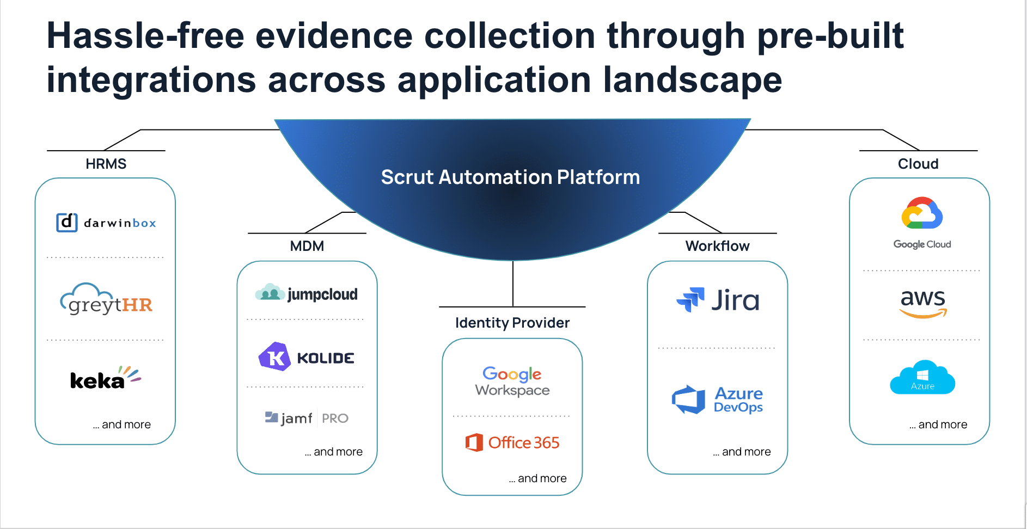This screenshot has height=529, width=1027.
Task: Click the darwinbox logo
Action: click(x=106, y=223)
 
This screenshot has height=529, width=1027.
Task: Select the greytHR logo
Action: click(x=106, y=299)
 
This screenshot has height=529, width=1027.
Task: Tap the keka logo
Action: click(x=106, y=378)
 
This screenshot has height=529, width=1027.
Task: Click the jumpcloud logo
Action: click(x=307, y=293)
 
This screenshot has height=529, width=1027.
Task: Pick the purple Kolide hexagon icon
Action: click(x=274, y=356)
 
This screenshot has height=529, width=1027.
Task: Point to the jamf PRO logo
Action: click(x=307, y=418)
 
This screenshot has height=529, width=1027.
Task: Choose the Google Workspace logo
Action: click(x=512, y=382)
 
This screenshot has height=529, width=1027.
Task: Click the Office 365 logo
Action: click(x=512, y=442)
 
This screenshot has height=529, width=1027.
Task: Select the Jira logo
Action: click(x=718, y=300)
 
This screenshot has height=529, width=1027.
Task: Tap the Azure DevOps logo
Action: click(x=718, y=399)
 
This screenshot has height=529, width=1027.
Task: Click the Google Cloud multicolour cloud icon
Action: click(x=922, y=213)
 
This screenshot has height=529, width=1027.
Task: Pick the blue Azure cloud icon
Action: click(x=922, y=377)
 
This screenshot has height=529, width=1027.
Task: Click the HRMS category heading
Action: click(x=106, y=164)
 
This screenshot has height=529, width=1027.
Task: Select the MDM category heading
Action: click(x=307, y=246)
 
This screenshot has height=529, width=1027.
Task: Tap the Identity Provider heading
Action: click(x=512, y=323)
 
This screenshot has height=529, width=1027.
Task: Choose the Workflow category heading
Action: click(x=718, y=246)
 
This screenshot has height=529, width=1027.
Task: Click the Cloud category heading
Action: click(x=918, y=164)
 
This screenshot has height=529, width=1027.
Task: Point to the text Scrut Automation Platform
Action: click(x=511, y=177)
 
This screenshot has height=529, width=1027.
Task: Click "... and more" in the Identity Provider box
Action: click(x=538, y=478)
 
